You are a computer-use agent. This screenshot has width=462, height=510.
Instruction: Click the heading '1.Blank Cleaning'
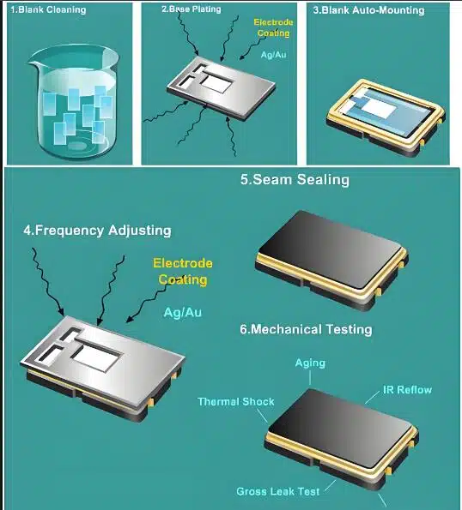pyautogui.click(x=48, y=9)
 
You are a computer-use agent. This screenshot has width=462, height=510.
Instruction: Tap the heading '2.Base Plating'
pyautogui.click(x=191, y=9)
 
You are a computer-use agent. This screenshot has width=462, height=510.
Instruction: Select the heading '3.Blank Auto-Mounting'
pyautogui.click(x=368, y=10)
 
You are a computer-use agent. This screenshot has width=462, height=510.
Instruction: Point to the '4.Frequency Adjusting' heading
pyautogui.click(x=97, y=230)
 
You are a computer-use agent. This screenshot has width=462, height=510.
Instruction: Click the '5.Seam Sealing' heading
pyautogui.click(x=295, y=179)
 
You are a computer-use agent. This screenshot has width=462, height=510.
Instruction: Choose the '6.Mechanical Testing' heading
pyautogui.click(x=306, y=329)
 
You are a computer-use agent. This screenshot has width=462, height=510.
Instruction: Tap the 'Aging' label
pyautogui.click(x=310, y=363)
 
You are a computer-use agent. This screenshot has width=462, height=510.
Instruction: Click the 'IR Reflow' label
pyautogui.click(x=408, y=389)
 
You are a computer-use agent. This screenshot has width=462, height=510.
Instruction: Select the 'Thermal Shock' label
pyautogui.click(x=236, y=401)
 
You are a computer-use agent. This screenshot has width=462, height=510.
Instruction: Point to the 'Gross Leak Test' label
pyautogui.click(x=278, y=491)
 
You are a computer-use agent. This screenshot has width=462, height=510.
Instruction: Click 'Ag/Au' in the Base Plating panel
pyautogui.click(x=274, y=54)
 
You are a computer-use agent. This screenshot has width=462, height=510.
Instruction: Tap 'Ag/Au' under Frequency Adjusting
pyautogui.click(x=183, y=312)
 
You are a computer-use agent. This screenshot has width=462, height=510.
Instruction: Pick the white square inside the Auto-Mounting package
pyautogui.click(x=379, y=109)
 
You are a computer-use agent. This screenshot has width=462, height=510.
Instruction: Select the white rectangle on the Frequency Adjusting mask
pyautogui.click(x=95, y=357)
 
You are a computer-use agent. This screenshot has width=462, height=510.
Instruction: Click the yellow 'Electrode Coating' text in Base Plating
pyautogui.click(x=273, y=27)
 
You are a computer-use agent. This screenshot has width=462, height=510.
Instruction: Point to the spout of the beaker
pyautogui.click(x=33, y=63)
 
